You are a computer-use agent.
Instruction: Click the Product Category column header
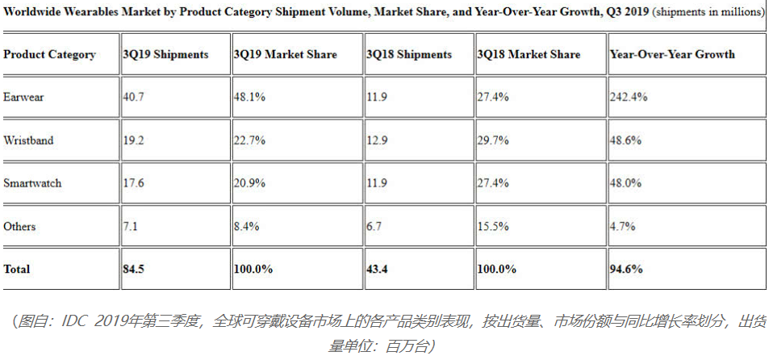(x=49, y=55)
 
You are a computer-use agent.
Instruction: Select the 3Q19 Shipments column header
(x=165, y=55)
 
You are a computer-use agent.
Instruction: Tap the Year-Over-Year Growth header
(x=672, y=55)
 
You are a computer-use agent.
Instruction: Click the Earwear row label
(x=23, y=97)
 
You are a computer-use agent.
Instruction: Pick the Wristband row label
(x=28, y=140)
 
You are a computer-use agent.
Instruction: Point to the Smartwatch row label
(x=32, y=183)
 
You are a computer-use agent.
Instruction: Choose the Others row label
(x=19, y=227)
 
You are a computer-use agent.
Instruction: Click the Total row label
(x=18, y=270)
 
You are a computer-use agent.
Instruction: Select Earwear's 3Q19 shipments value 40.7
(x=134, y=97)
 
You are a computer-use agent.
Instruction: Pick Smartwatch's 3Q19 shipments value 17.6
(x=134, y=183)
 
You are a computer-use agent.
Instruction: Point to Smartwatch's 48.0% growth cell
(x=625, y=183)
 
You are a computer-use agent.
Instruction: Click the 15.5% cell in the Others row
(x=493, y=227)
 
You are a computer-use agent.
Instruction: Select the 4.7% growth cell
(x=622, y=227)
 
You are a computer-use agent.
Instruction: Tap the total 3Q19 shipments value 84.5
(x=134, y=270)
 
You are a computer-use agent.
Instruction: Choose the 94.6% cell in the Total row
(x=626, y=270)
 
